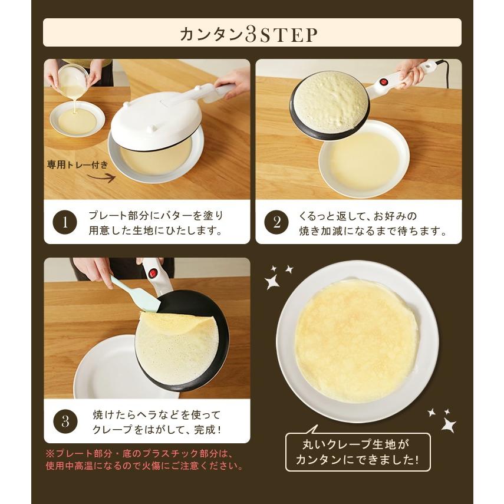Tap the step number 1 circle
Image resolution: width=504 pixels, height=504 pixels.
click(65, 223)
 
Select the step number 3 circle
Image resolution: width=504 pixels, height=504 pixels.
click(65, 421)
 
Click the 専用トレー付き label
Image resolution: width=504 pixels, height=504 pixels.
click(77, 166)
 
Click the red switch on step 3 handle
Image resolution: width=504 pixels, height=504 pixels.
click(154, 273)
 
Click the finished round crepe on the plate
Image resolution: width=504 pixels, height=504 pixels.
click(356, 340)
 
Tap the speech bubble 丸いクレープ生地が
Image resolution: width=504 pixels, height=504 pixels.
click(358, 451)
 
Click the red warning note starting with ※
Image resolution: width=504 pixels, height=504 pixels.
click(144, 460)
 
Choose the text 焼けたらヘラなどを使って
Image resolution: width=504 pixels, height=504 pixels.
click(156, 414)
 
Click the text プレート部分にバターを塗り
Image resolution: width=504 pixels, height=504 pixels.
click(156, 216)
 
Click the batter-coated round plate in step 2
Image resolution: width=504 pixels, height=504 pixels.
click(330, 104)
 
